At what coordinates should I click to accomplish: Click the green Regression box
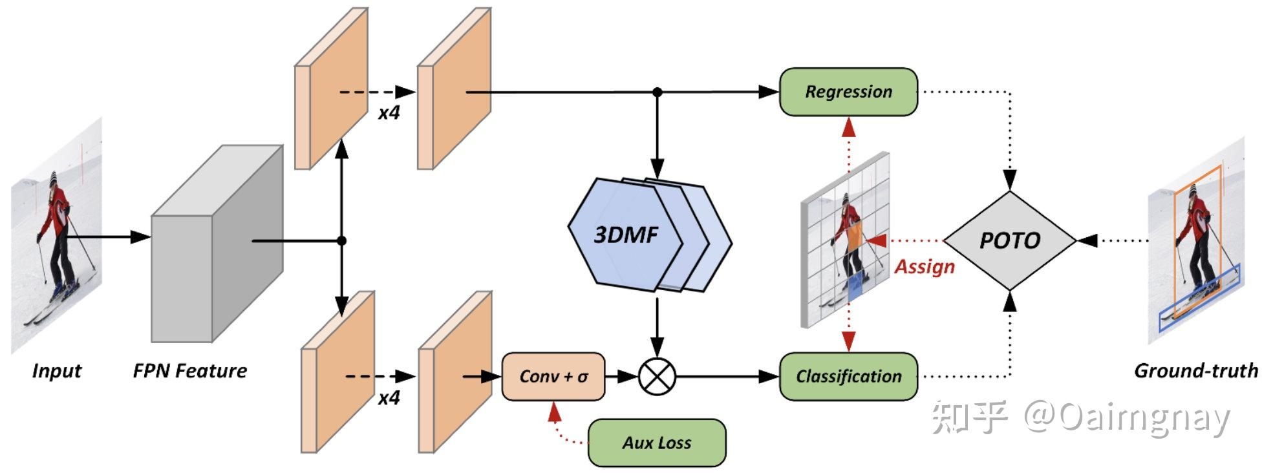click(848, 92)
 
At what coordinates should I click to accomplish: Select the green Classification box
click(848, 376)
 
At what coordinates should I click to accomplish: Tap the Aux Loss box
click(656, 443)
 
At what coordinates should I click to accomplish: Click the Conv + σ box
click(553, 376)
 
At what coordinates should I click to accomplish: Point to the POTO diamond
click(1009, 240)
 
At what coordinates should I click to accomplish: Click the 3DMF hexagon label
click(625, 235)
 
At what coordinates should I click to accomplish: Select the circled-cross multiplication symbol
click(657, 376)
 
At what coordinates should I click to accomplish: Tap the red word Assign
click(924, 267)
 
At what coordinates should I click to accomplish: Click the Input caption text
click(56, 371)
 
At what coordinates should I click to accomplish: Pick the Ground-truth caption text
click(1195, 370)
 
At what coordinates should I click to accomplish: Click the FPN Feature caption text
click(189, 371)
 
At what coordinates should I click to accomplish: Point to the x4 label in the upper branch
click(389, 113)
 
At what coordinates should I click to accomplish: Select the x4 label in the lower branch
click(389, 397)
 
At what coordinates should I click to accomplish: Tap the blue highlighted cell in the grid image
click(855, 285)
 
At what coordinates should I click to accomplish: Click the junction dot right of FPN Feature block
click(342, 240)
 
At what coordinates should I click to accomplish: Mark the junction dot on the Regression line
click(657, 92)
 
